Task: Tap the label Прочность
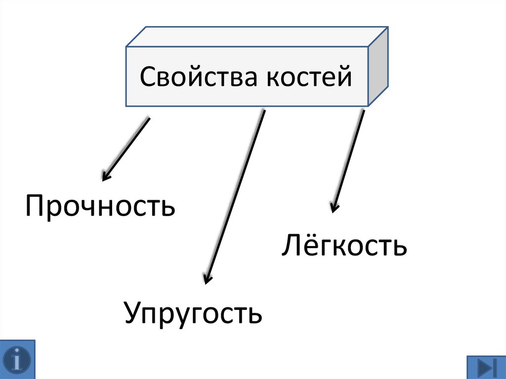click(x=100, y=207)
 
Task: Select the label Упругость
click(x=193, y=313)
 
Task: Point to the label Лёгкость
click(x=344, y=246)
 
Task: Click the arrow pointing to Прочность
click(x=126, y=148)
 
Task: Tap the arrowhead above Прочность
click(x=105, y=176)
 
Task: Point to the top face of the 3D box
click(x=257, y=38)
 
